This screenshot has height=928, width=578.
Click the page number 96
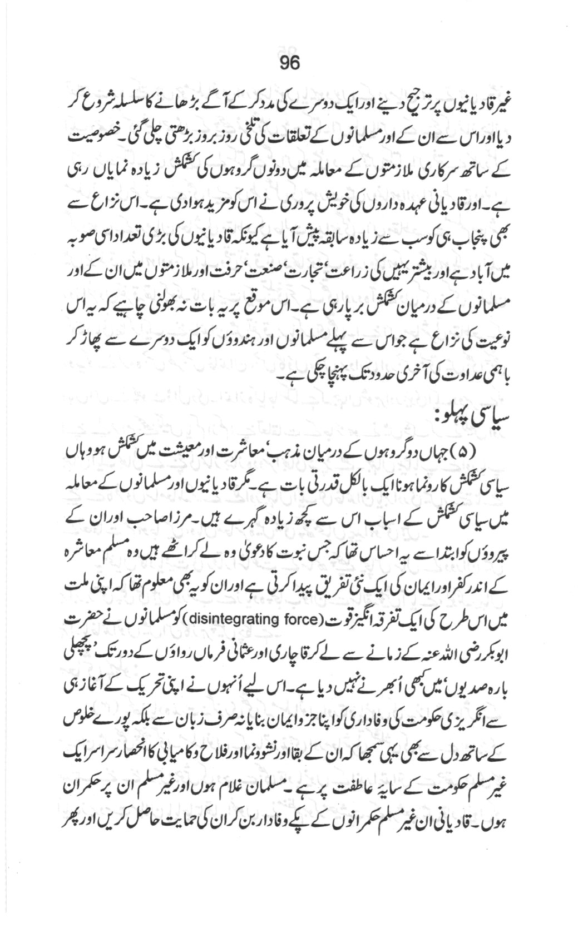(289, 63)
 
